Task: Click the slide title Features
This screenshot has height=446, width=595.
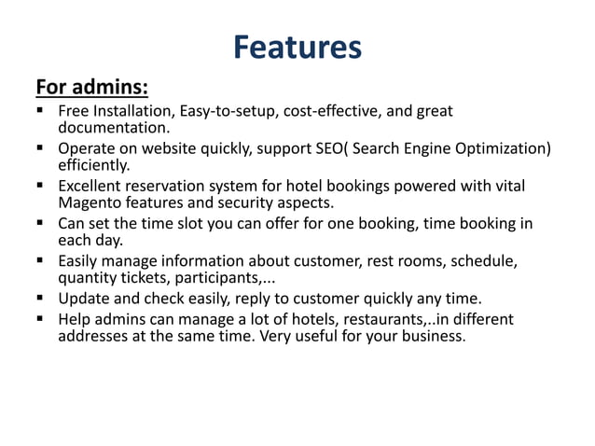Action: point(297,47)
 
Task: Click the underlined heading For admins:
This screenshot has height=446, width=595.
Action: point(91,88)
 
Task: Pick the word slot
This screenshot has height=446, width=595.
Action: point(192,224)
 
